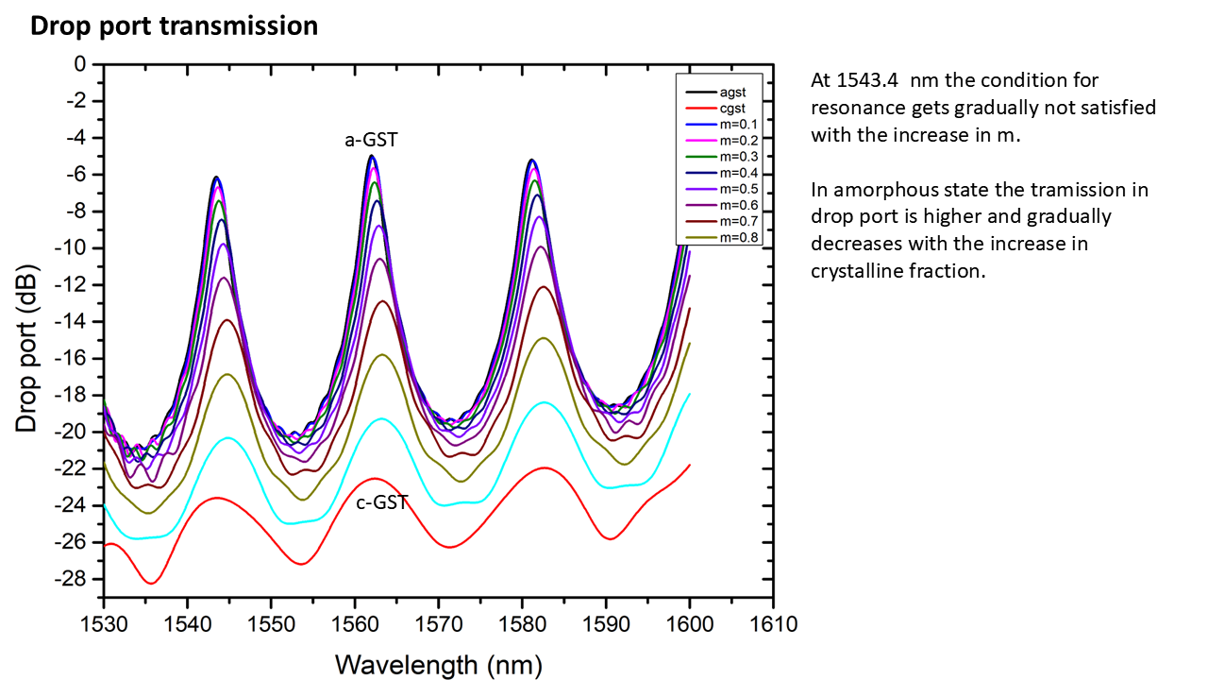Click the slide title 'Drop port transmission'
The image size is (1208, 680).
click(x=174, y=25)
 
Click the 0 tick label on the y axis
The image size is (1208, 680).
click(x=80, y=64)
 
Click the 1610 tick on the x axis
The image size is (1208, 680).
click(x=774, y=624)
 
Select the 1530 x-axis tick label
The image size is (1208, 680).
click(x=103, y=624)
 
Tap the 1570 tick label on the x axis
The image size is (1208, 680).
click(x=438, y=624)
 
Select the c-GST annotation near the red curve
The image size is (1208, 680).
click(x=382, y=502)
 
